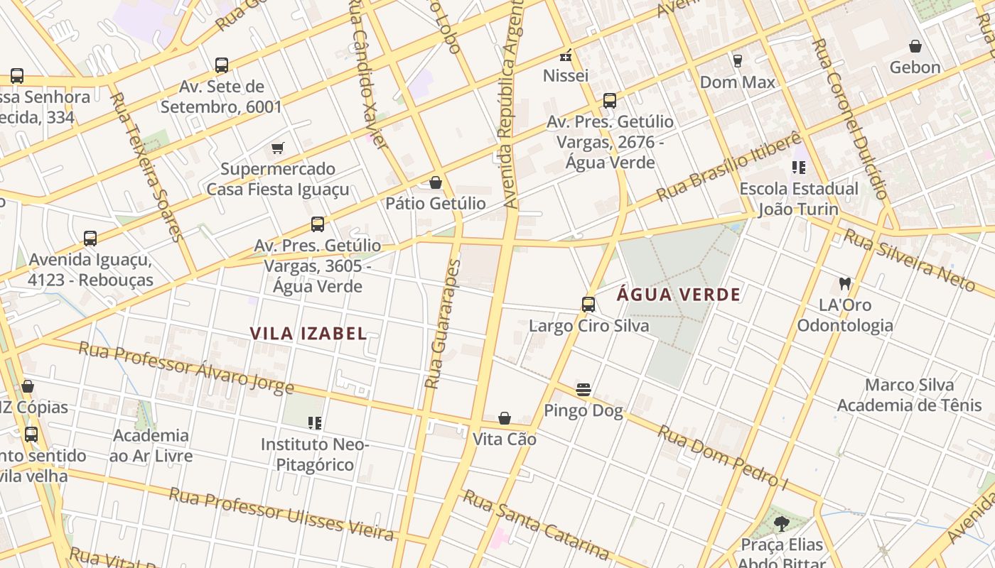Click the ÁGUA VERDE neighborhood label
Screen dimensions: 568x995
pos(678,295)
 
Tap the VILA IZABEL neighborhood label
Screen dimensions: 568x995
pos(308,333)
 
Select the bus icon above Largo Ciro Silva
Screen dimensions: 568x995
pos(588,305)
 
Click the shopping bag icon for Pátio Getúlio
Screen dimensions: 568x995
pos(436,182)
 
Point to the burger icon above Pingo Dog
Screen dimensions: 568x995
pos(583,389)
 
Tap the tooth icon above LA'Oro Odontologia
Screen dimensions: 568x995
pos(844,283)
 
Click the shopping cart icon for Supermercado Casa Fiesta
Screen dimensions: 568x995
pos(278,148)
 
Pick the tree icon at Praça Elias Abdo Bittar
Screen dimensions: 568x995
pos(781,524)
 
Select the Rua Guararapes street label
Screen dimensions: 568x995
pos(443,324)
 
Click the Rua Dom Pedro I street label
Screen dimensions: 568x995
pos(723,457)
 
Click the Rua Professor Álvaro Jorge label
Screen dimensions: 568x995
pos(185,368)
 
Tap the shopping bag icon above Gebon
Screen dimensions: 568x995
pos(915,46)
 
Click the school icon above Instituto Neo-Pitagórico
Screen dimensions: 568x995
pos(315,423)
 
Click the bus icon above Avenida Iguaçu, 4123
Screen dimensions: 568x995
pos(90,238)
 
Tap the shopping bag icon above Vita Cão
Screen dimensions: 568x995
pos(505,418)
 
